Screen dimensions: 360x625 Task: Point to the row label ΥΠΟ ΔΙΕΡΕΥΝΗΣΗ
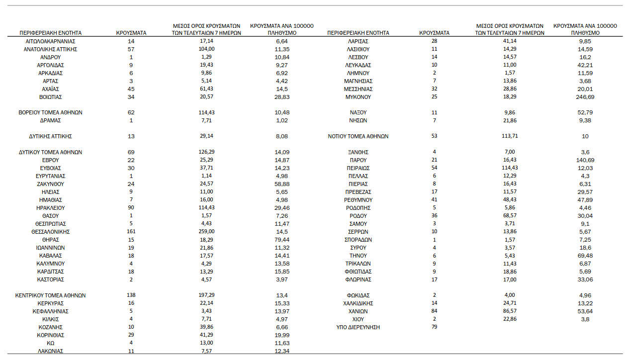[x=358, y=327]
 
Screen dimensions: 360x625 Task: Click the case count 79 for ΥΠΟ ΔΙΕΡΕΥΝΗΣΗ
[x=435, y=327]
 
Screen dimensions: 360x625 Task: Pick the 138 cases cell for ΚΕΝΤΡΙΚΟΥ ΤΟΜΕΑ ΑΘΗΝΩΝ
[x=131, y=295]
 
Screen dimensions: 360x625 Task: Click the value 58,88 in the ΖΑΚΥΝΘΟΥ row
[x=282, y=184]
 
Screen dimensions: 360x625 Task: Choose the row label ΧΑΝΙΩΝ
[x=358, y=311]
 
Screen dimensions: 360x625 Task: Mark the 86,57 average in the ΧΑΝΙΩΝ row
[x=510, y=311]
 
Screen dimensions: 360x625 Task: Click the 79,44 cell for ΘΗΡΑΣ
[x=282, y=240]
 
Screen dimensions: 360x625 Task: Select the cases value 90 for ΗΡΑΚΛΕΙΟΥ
[x=131, y=208]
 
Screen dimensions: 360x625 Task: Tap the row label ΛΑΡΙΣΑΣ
[x=358, y=41]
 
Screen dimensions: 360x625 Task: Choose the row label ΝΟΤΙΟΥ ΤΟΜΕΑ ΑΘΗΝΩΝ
[x=358, y=136]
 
